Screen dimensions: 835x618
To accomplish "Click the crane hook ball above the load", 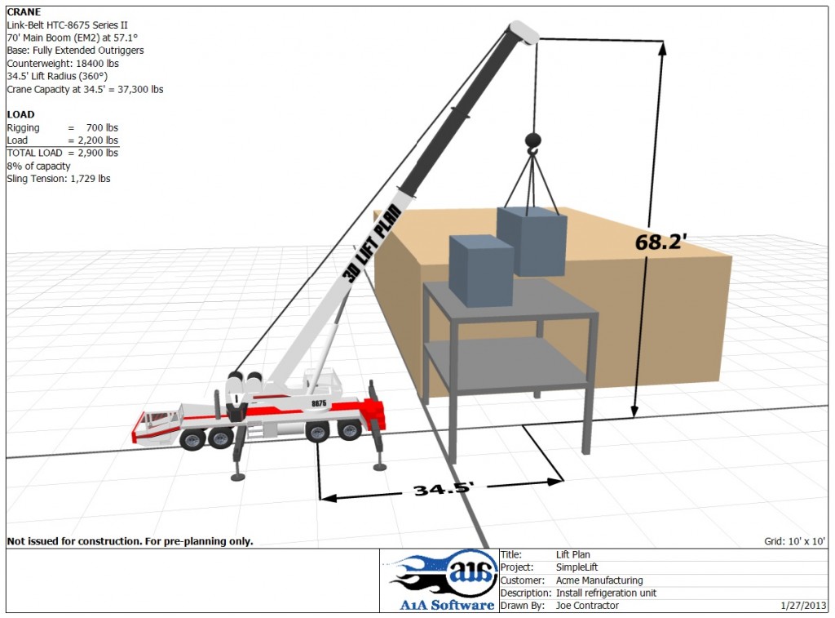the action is [x=532, y=140].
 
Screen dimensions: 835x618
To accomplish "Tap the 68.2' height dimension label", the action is [x=661, y=242].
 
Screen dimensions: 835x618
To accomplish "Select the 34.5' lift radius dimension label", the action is [x=444, y=489].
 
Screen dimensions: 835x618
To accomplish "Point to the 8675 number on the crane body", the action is [x=319, y=403].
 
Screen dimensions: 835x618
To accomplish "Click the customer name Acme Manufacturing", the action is [x=599, y=580].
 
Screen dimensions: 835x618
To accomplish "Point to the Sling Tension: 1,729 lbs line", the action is [x=59, y=179].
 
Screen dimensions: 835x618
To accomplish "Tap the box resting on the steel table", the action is [x=481, y=270].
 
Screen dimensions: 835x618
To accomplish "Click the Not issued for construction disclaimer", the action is [x=130, y=541].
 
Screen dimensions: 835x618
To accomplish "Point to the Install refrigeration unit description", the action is [x=606, y=594].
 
